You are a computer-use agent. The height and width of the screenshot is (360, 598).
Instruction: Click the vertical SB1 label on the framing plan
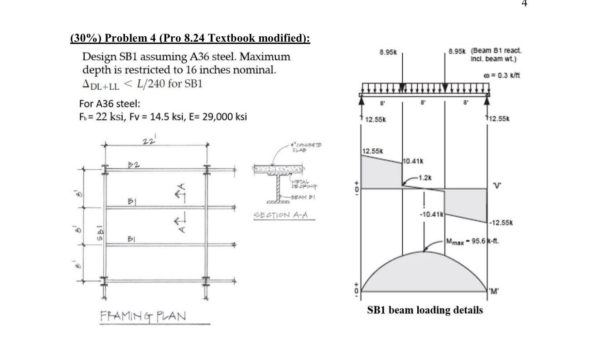(x=96, y=231)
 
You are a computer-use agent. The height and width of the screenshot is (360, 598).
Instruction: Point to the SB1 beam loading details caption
(x=424, y=310)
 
